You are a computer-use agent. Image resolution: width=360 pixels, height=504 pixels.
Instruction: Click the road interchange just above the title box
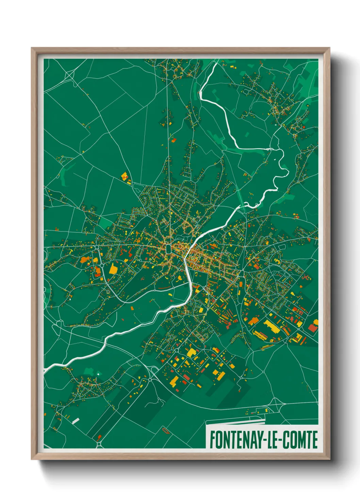269,410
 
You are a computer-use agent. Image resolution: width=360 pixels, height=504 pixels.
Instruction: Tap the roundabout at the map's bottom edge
99,444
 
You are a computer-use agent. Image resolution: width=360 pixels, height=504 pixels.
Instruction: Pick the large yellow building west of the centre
113,269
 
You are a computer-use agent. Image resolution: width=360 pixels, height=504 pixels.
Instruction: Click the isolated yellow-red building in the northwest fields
126,177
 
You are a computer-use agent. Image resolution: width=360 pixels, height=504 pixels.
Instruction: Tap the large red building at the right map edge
312,328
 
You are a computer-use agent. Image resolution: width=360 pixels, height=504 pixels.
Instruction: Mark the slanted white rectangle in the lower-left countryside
76,421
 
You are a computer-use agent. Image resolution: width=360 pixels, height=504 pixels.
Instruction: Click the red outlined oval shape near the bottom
166,431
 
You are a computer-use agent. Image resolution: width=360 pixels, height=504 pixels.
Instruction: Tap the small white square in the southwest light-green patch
98,374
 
